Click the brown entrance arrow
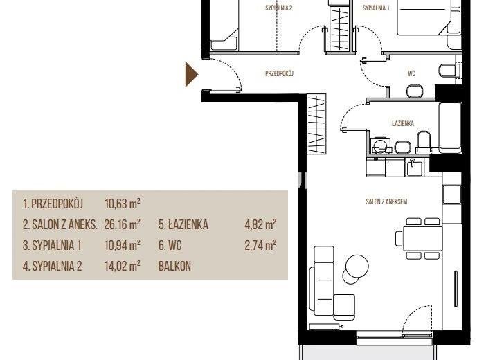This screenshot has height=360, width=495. click(190, 75)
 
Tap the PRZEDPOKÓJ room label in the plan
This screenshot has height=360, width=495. click(280, 73)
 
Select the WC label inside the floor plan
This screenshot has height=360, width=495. click(411, 73)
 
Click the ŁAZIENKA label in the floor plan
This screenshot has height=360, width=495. click(403, 123)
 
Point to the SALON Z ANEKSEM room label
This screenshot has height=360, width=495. click(386, 201)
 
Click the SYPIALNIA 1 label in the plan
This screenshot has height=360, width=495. click(376, 8)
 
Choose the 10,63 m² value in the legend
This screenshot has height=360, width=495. click(123, 204)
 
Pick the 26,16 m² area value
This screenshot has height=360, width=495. click(122, 224)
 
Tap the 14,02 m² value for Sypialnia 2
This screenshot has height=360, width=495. click(123, 266)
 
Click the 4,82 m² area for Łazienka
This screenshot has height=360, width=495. click(260, 224)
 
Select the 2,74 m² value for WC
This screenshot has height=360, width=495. click(260, 245)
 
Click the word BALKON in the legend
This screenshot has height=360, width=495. click(174, 267)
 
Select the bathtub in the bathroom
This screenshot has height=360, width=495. click(450, 126)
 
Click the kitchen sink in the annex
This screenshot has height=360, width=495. click(414, 167)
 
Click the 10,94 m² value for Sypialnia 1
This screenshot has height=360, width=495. click(123, 245)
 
